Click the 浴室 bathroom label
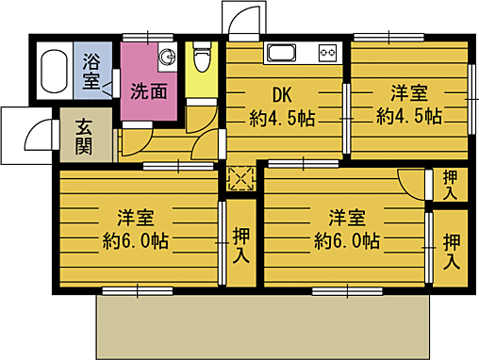pos(91,73)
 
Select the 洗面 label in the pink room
pos(149,92)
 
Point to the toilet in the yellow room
pos(200,59)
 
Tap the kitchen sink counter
pos(283,52)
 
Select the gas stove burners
pos(328,52)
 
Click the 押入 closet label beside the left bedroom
pos(241,246)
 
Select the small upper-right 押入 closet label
pos(451,185)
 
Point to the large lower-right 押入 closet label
pos(451,250)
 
